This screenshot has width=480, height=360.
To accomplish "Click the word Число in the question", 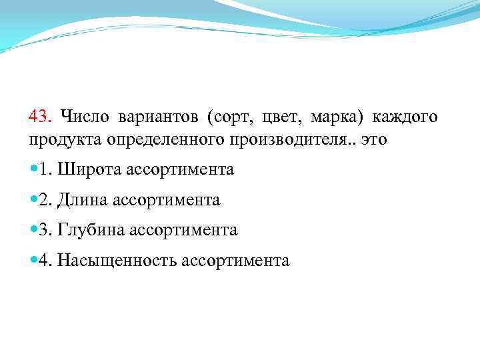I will (83, 117).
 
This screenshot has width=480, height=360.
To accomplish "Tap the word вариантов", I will (159, 117).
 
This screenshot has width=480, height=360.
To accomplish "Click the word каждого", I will (404, 118).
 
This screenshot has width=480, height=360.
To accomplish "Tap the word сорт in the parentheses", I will (231, 118).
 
